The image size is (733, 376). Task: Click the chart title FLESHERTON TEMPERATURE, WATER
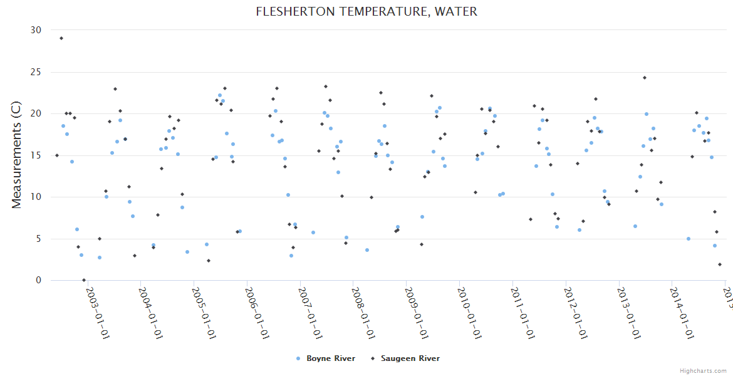click(366, 11)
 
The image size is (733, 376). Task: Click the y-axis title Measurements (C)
click(17, 155)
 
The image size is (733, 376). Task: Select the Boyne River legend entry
click(326, 358)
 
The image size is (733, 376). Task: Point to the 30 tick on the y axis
click(36, 30)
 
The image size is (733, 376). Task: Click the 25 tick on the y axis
click(36, 72)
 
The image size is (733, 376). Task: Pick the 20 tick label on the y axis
click(36, 113)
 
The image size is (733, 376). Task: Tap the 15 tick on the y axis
click(36, 155)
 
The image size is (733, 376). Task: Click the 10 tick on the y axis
click(36, 197)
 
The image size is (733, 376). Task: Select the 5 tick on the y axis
click(38, 239)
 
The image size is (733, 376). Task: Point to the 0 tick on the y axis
click(38, 280)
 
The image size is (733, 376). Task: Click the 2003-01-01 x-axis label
click(97, 313)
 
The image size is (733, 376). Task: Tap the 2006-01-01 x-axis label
click(257, 313)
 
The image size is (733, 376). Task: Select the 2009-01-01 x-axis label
click(416, 313)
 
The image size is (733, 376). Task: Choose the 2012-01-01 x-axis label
click(575, 313)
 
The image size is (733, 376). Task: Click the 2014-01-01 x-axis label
click(682, 313)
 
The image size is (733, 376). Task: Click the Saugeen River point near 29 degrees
click(61, 38)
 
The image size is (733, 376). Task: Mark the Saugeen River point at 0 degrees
click(84, 280)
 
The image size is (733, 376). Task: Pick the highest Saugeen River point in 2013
click(644, 78)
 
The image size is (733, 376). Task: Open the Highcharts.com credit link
click(703, 370)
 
